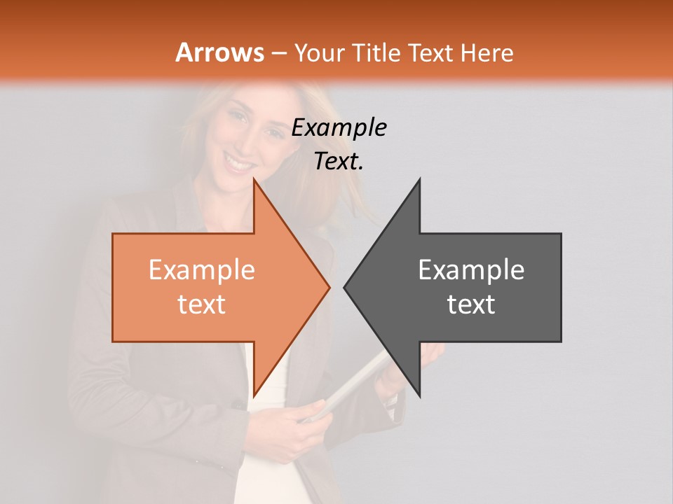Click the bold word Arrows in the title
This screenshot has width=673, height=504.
click(x=219, y=52)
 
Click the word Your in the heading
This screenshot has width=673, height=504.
click(x=320, y=52)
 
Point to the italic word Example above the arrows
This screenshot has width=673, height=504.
click(x=339, y=127)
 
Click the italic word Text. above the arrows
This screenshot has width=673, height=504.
click(x=339, y=162)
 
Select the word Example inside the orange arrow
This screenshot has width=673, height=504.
click(x=202, y=270)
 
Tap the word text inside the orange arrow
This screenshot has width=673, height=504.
click(x=202, y=304)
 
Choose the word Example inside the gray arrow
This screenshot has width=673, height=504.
click(x=471, y=270)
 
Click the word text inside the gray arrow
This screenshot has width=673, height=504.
click(x=471, y=304)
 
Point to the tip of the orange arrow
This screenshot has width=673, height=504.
click(x=327, y=287)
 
